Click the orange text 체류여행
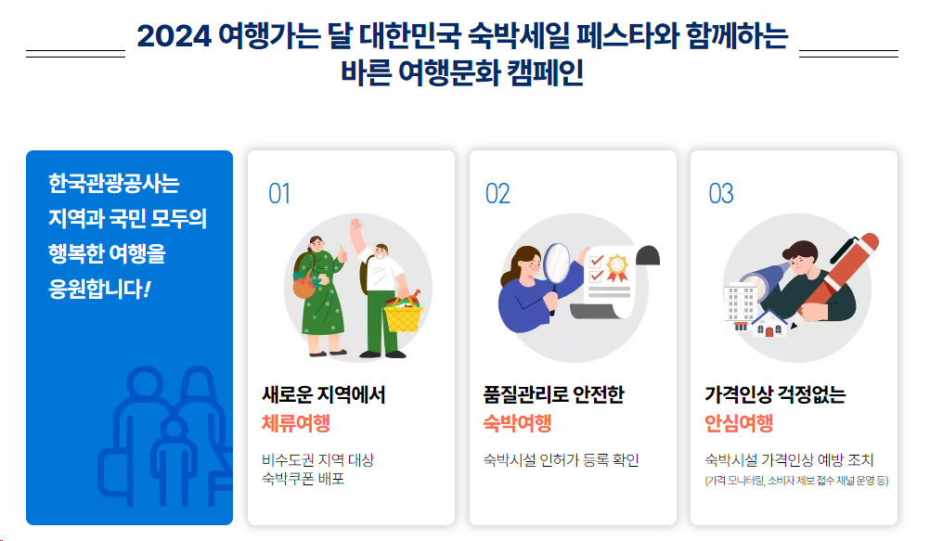pyautogui.click(x=296, y=424)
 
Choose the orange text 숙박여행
pyautogui.click(x=517, y=424)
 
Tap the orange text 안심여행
pyautogui.click(x=739, y=424)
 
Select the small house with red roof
pyautogui.click(x=768, y=324)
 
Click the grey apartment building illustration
pyautogui.click(x=742, y=303)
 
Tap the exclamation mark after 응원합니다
pyautogui.click(x=147, y=289)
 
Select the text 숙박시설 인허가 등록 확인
pyautogui.click(x=562, y=460)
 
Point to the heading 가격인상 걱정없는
pyautogui.click(x=775, y=394)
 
